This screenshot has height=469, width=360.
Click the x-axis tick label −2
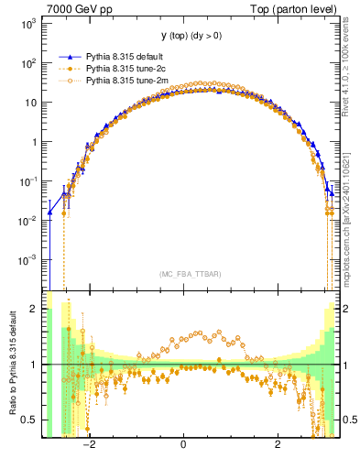pos(90,444)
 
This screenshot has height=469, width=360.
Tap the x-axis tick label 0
pos(184,444)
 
